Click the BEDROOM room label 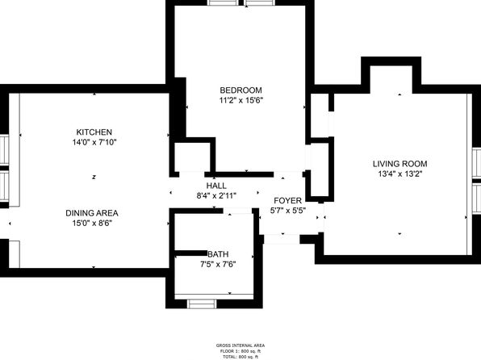tap(240, 90)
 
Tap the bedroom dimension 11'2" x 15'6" tap(241, 100)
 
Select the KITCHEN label tap(94, 132)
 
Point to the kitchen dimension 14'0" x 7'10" tap(94, 142)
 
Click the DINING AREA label tap(92, 213)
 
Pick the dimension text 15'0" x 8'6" tap(92, 223)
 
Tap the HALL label tap(216, 186)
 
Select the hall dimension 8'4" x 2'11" tap(216, 196)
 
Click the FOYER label tap(288, 201)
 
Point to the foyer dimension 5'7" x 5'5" tap(288, 211)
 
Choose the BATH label tap(218, 254)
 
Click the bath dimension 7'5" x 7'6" tap(218, 264)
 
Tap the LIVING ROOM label tap(400, 164)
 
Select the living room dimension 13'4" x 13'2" tap(400, 174)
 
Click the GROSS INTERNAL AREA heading tap(240, 345)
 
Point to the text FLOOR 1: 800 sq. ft tap(240, 351)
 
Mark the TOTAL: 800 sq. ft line tap(240, 357)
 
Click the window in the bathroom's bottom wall tap(202, 303)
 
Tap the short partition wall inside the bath tap(190, 253)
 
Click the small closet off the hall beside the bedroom tap(192, 157)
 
